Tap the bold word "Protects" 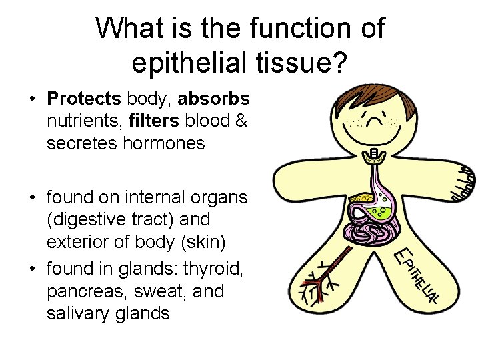tap(84, 99)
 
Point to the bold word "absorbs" tap(215, 99)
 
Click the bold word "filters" tap(155, 121)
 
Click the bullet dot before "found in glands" tap(32, 269)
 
